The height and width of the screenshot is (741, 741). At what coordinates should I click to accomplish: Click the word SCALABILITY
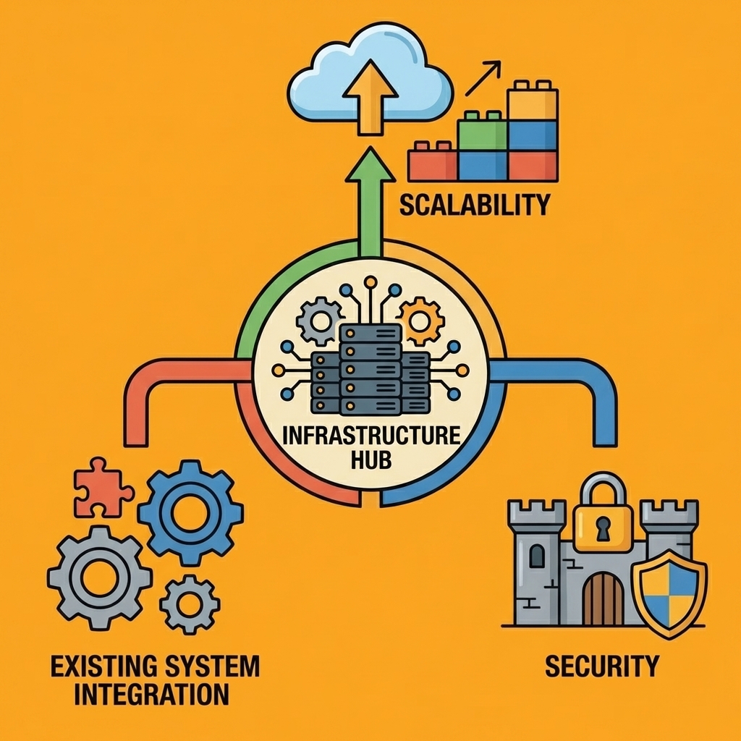pos(474,205)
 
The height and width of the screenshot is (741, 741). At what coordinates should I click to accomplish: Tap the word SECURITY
pos(602,665)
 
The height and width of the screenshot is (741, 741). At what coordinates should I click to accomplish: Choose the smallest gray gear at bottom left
pos(190,604)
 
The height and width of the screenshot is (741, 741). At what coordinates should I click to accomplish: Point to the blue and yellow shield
pos(669,593)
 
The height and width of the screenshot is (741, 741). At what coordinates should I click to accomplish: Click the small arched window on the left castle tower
pos(537,556)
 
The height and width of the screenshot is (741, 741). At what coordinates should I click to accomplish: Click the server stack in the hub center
pos(370,369)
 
